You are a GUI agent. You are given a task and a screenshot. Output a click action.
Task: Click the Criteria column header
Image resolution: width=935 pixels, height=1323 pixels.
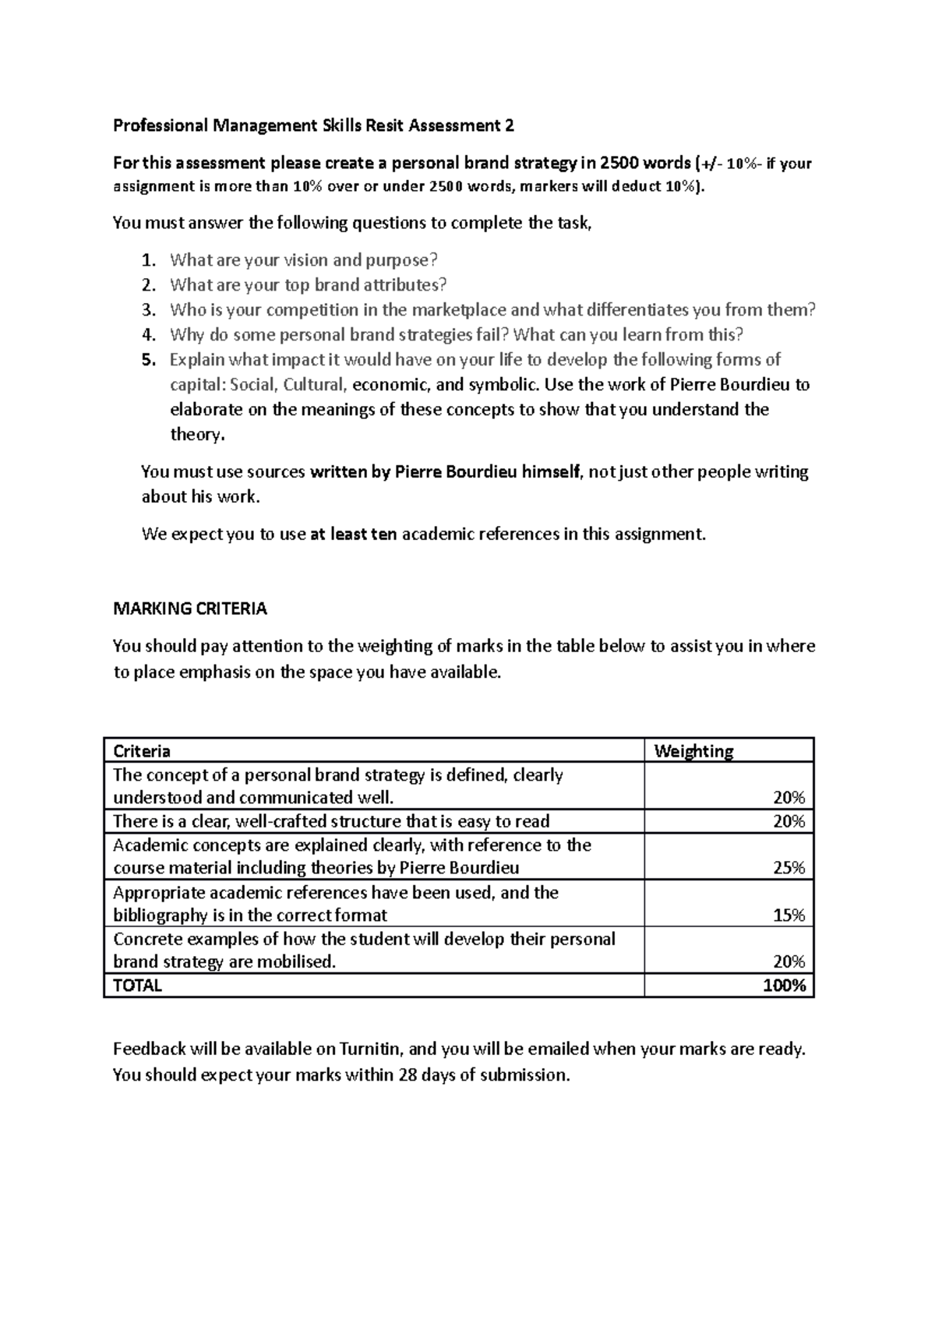point(142,751)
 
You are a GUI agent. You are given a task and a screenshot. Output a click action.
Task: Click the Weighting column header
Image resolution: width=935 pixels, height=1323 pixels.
point(693,751)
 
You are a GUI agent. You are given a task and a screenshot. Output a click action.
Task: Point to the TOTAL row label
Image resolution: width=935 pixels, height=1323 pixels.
point(137,986)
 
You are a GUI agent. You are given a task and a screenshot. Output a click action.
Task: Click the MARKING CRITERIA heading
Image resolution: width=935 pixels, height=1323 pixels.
point(190,609)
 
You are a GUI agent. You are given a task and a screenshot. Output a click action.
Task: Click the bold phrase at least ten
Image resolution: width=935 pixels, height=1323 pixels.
point(353,534)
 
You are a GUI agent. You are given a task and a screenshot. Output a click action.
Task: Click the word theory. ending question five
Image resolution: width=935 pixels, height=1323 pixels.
point(197,435)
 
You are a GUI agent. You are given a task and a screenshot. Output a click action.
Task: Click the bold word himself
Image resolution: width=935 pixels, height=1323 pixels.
point(551,472)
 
